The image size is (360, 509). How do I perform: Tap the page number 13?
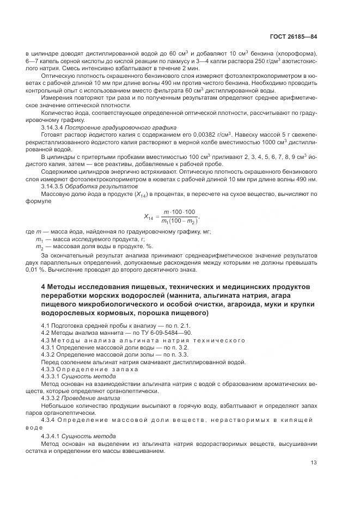[x=314, y=462]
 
